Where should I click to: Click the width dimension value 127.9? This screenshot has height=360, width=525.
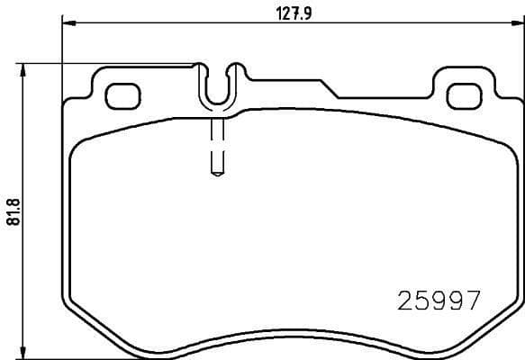[290, 11]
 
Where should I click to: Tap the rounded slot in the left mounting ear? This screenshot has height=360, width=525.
[121, 93]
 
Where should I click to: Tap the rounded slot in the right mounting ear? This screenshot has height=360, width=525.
[465, 93]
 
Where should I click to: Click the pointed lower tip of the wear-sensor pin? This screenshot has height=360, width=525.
[217, 174]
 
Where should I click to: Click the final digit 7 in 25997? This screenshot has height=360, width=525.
[471, 300]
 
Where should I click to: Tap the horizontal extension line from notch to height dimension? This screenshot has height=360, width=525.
[108, 63]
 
